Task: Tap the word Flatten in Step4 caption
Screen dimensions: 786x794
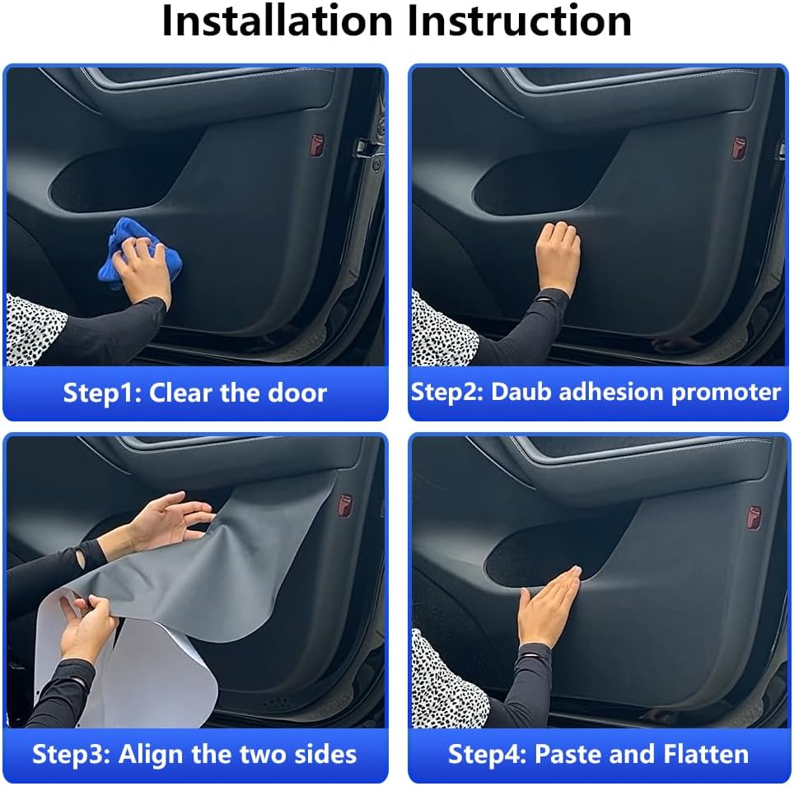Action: (708, 754)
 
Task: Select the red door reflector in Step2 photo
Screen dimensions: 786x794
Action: (740, 147)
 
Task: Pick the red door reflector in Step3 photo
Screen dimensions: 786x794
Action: (346, 503)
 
